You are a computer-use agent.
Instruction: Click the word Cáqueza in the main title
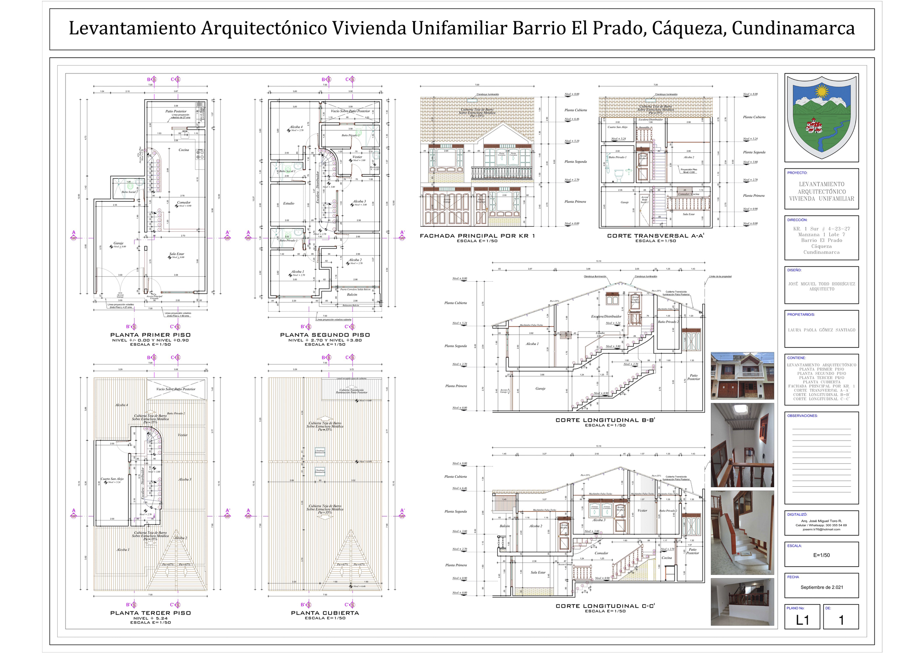click(688, 29)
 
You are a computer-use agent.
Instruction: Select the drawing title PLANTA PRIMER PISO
click(150, 335)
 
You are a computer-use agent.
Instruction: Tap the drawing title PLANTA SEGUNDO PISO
click(325, 335)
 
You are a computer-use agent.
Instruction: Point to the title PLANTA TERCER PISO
click(150, 613)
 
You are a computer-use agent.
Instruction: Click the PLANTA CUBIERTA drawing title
click(325, 613)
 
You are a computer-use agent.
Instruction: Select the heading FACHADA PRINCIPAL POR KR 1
click(477, 236)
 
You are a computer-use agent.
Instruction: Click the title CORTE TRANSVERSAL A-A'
click(656, 236)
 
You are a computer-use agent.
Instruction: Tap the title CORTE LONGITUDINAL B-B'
click(605, 420)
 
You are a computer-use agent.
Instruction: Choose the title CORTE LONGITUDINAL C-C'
click(605, 606)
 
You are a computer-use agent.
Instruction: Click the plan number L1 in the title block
click(802, 620)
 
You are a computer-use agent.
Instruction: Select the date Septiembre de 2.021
click(821, 587)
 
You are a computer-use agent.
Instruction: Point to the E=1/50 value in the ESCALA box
click(821, 555)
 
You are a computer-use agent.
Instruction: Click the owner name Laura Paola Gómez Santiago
click(821, 330)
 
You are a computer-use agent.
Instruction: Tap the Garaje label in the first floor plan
click(118, 243)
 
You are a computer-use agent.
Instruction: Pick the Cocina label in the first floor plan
click(184, 150)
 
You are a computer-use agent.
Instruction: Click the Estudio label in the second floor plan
click(289, 203)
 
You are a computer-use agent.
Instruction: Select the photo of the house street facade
click(742, 376)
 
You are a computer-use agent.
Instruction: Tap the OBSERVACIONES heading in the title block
click(802, 416)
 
